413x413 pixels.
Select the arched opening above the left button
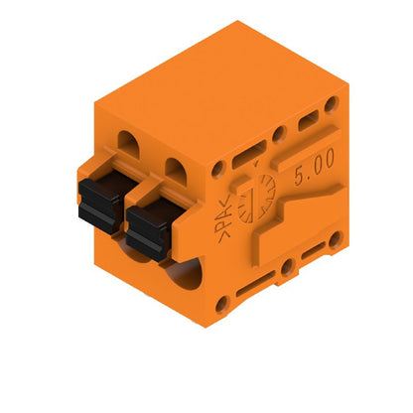[x=129, y=140]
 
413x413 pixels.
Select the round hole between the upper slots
[x=279, y=133]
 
